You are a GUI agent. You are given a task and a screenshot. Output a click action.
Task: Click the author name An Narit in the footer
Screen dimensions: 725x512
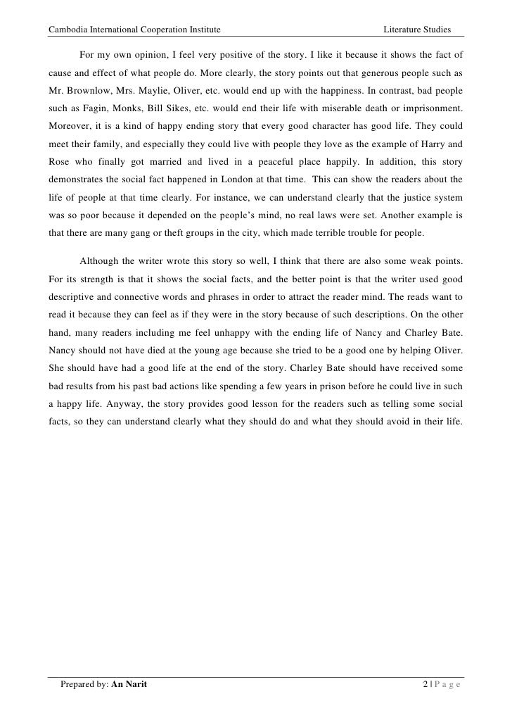[x=129, y=686]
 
